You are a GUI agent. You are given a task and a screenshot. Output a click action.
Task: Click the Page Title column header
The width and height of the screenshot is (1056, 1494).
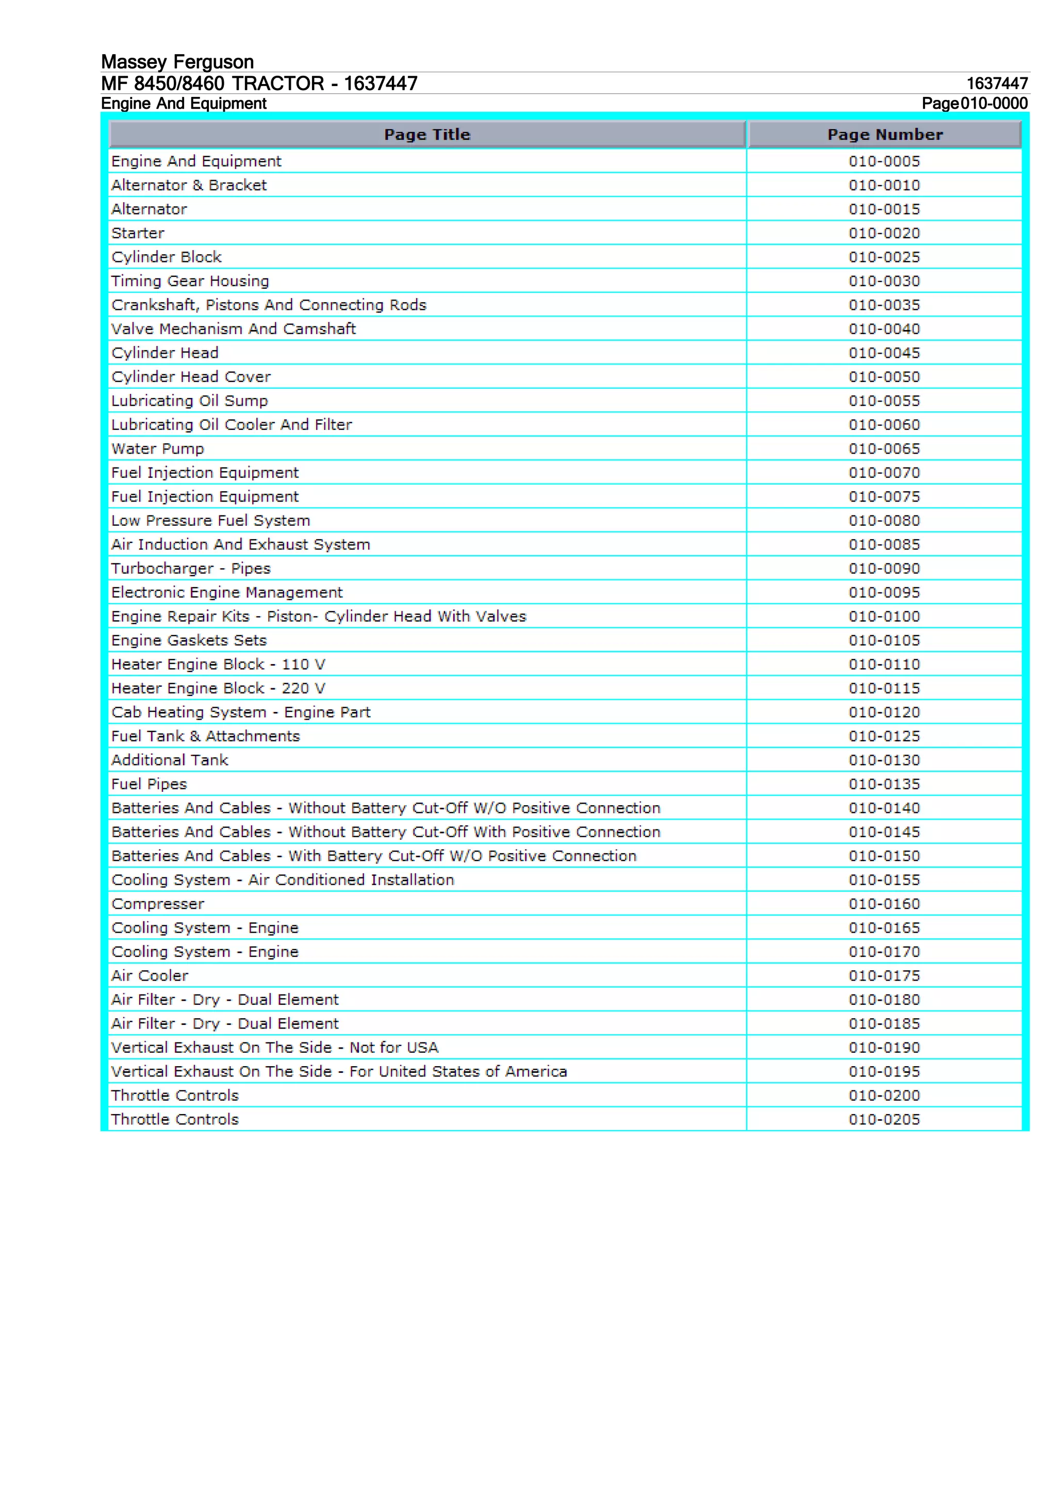427,135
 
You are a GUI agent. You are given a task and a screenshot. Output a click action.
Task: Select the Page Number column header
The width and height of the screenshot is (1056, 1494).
884,135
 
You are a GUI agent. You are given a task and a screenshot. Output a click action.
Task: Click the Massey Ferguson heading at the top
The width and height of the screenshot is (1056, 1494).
177,62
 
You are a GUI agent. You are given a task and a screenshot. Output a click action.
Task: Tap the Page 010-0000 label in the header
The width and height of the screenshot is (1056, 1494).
974,104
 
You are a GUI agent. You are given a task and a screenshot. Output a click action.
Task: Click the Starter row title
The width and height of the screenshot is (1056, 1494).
138,233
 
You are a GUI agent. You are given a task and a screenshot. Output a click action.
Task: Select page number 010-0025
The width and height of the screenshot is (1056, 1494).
884,257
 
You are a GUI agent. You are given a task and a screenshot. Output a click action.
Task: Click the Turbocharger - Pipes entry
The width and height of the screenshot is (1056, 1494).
191,569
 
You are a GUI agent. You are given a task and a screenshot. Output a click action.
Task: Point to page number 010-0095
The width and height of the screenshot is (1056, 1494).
884,593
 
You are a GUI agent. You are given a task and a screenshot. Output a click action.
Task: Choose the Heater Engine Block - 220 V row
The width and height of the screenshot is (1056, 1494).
218,688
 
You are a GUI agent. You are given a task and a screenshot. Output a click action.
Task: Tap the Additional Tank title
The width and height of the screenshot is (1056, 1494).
170,760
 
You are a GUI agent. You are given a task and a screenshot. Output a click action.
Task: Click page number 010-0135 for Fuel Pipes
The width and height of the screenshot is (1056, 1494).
884,784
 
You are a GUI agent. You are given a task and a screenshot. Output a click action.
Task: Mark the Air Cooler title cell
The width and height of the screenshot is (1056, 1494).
150,975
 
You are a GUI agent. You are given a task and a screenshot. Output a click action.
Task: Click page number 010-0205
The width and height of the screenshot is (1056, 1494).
884,1119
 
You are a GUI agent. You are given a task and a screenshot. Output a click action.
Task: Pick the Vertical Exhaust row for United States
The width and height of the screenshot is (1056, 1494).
339,1071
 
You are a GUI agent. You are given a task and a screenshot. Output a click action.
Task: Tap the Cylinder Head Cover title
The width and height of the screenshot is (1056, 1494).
191,377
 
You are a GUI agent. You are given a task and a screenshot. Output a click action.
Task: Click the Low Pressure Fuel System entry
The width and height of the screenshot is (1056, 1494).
211,521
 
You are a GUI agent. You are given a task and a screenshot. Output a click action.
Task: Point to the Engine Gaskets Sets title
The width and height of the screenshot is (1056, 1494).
189,640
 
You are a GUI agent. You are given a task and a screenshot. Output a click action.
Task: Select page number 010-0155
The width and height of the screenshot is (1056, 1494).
884,879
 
